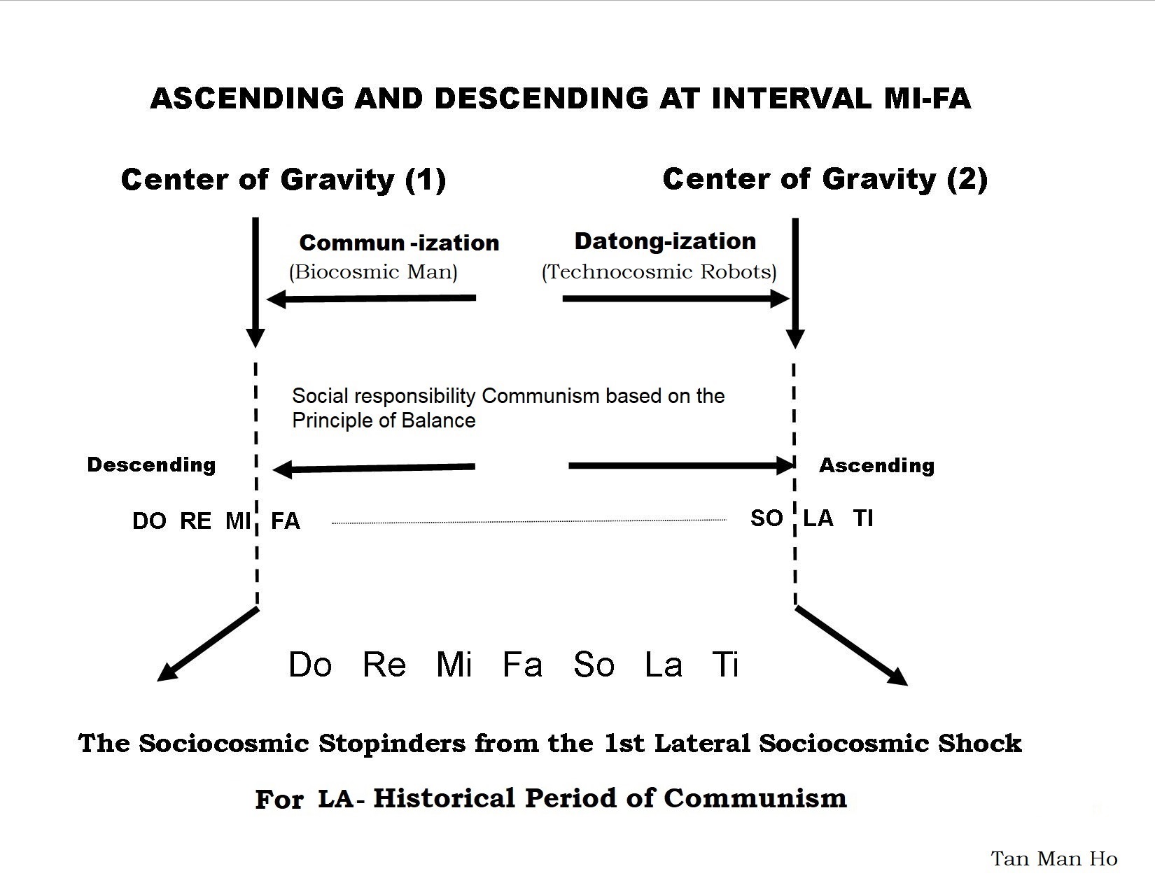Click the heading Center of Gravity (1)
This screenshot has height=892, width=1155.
point(283,180)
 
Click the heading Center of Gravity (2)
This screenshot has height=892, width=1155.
point(825,179)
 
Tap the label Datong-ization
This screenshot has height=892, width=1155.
point(665,241)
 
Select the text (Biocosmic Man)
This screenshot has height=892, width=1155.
point(373,271)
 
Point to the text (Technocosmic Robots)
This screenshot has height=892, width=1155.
point(659,271)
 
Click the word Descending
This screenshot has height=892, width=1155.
point(151,465)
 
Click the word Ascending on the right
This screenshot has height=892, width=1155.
point(876,465)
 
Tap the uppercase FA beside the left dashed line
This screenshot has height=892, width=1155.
point(285,521)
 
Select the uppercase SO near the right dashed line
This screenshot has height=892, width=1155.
point(766,518)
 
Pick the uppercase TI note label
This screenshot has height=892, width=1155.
point(863,518)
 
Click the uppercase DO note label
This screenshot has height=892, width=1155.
point(149,521)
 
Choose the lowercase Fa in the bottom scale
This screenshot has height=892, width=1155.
point(522,664)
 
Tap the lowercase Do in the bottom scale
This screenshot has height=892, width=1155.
point(310,664)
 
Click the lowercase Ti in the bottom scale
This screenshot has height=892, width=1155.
point(724,664)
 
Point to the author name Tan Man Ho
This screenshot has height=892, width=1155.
point(1053,859)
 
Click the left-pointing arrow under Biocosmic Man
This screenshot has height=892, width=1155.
point(371,299)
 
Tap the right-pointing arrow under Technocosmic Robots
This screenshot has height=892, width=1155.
point(676,299)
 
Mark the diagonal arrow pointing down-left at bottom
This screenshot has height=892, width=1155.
point(207,644)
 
